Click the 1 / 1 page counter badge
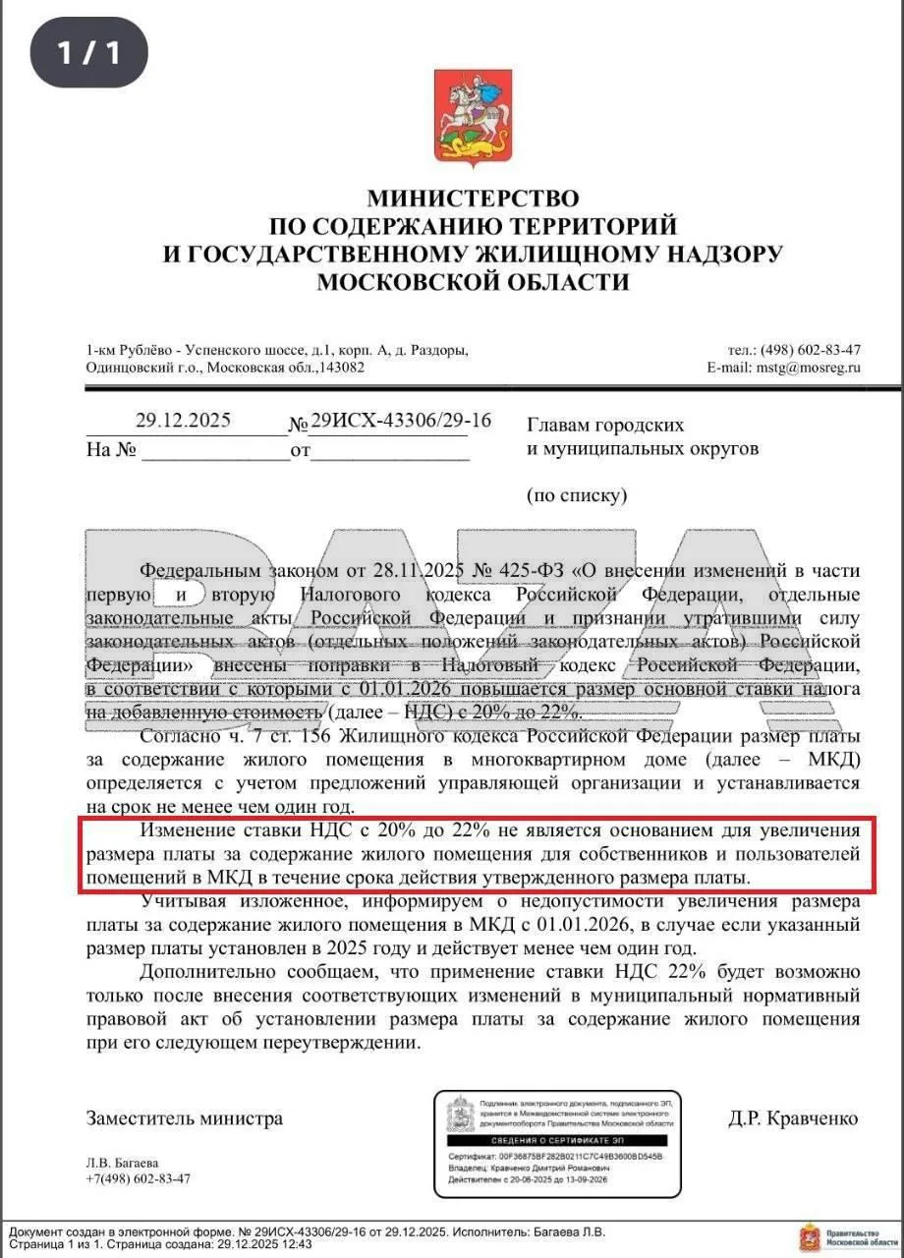click(x=88, y=52)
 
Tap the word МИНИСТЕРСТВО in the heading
click(x=473, y=200)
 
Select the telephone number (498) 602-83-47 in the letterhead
click(x=811, y=350)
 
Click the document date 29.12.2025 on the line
click(x=184, y=421)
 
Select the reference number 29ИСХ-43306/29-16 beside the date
click(x=401, y=421)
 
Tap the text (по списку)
click(x=577, y=495)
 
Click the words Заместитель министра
click(x=185, y=1118)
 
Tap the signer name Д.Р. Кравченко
click(x=793, y=1118)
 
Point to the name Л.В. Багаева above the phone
click(x=122, y=1163)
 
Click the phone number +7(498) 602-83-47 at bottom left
click(x=139, y=1178)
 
